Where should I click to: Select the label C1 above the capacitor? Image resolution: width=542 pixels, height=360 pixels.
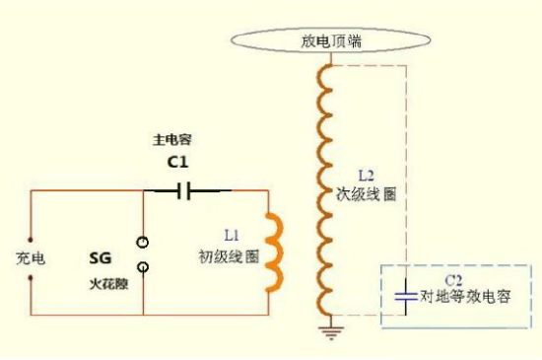click(178, 162)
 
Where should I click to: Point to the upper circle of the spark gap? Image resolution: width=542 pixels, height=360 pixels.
click(144, 242)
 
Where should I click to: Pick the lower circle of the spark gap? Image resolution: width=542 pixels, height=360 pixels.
click(144, 266)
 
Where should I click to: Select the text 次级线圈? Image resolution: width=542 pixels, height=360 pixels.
click(367, 193)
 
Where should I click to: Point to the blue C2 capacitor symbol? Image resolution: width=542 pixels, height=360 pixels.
click(405, 295)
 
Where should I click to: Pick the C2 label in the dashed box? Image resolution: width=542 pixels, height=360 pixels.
click(453, 279)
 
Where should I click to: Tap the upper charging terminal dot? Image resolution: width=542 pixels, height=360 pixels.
click(31, 238)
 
